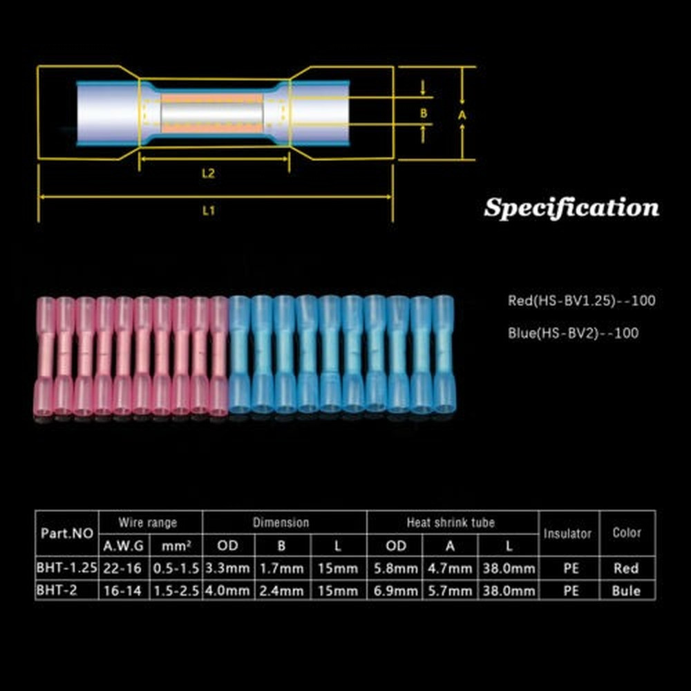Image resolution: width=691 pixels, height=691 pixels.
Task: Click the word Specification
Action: coord(571,207)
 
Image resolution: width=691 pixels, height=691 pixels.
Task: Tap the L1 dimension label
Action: coord(209,211)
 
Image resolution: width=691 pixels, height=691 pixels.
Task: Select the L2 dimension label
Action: coord(208,174)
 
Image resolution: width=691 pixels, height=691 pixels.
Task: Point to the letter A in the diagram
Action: coord(462,116)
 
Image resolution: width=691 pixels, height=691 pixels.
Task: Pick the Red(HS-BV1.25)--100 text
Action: coord(581,301)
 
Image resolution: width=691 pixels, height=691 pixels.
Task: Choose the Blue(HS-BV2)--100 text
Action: coord(573,333)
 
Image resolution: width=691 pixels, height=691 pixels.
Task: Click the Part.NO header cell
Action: coord(67,533)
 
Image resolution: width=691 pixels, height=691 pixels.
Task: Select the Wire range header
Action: coord(148,522)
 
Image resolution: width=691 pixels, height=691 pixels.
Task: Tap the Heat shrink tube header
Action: coord(451,522)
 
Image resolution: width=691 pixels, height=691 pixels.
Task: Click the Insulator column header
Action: coord(567,533)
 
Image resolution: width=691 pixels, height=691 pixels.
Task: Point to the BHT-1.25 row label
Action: coord(67,569)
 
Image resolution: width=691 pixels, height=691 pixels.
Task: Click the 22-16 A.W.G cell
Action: coord(124,569)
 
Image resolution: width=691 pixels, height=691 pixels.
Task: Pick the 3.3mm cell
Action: coord(228,569)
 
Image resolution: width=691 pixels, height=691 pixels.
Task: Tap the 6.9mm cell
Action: coord(397,591)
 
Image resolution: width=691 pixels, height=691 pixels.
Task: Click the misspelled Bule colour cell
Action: coord(627,591)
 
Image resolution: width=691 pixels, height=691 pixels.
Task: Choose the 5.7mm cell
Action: coord(450,591)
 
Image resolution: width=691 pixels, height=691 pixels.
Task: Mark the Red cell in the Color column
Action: coord(627,569)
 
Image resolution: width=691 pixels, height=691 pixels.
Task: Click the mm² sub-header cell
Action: coord(176,546)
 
